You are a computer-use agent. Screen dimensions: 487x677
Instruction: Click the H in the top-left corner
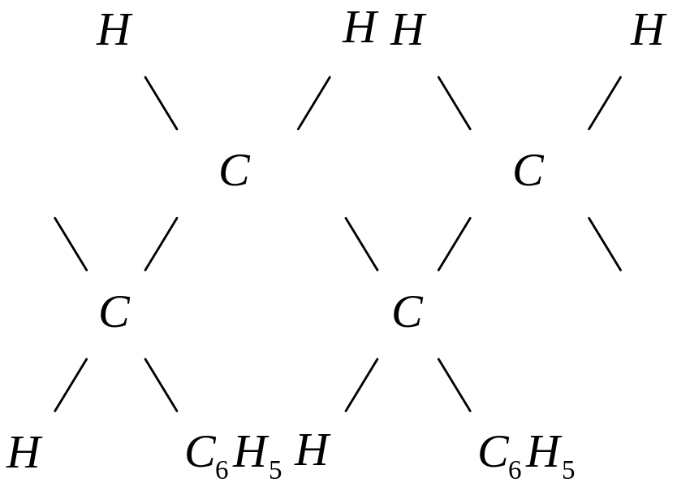pos(113,33)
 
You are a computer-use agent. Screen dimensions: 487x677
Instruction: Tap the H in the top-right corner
pos(648,33)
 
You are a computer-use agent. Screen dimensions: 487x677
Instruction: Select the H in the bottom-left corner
pos(23,453)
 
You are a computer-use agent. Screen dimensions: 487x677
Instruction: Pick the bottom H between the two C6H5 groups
pos(311,451)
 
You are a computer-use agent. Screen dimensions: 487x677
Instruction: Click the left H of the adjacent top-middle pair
pos(359,30)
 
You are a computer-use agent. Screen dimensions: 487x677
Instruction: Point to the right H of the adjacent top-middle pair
pos(407,33)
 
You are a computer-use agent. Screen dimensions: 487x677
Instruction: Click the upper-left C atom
pos(234,172)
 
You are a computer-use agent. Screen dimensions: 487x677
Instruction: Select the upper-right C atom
pos(528,172)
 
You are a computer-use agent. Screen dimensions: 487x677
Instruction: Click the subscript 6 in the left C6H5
pos(222,470)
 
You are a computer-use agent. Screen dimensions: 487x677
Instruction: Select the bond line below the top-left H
pos(161,103)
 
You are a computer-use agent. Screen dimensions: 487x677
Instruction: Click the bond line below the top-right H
pos(605,103)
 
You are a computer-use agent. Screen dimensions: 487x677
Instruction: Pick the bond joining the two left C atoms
pos(161,244)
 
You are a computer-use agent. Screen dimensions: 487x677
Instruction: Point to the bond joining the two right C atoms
pos(455,244)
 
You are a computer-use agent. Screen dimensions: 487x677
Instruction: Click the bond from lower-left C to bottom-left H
pos(71,385)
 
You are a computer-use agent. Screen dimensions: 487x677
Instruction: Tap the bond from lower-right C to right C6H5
pos(455,385)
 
